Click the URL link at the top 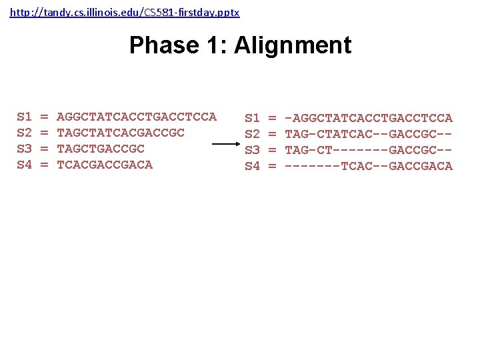tap(125, 13)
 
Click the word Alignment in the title tap(293, 45)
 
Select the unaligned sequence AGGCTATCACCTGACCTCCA tap(137, 117)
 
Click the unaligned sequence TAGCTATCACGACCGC tap(121, 133)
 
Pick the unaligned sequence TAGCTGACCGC tap(101, 149)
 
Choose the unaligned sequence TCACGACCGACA tap(105, 165)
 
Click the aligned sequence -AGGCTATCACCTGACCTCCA tap(369, 118)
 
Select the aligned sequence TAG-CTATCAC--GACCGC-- tap(369, 134)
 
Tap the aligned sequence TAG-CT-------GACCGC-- tap(369, 150)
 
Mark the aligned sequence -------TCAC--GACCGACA tap(369, 166)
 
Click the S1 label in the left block tap(25, 117)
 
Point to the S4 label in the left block tap(25, 165)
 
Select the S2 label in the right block tap(253, 134)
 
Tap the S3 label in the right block tap(253, 150)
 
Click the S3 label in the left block tap(25, 149)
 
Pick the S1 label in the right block tap(253, 118)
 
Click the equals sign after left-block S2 tap(45, 133)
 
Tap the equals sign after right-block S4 tap(272, 166)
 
